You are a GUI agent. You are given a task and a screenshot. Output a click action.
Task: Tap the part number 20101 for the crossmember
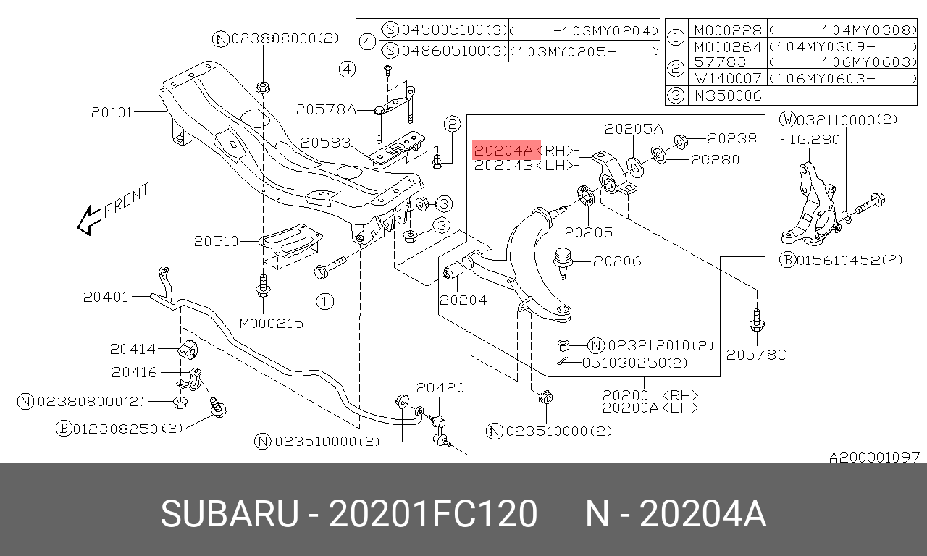click(x=112, y=112)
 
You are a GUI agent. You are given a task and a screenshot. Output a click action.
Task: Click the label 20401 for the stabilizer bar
click(x=106, y=297)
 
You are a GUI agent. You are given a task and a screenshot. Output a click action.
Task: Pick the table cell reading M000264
click(x=728, y=46)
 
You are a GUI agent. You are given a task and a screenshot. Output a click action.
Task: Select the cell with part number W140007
click(x=728, y=78)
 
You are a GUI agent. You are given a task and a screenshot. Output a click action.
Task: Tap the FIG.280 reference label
click(x=810, y=140)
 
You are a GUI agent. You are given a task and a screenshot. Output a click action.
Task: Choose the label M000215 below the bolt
click(x=272, y=323)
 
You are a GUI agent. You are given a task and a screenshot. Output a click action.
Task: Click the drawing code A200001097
click(x=874, y=457)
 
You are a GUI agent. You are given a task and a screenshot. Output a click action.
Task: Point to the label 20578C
click(x=756, y=355)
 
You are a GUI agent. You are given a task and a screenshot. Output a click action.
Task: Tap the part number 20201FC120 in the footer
click(x=433, y=514)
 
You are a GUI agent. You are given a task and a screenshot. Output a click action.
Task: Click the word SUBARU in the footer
click(x=230, y=514)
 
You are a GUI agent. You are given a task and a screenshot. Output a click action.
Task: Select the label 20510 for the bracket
click(x=216, y=241)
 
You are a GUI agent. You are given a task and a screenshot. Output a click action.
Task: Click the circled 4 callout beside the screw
click(x=347, y=69)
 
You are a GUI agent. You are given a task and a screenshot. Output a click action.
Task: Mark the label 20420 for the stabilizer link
click(x=440, y=387)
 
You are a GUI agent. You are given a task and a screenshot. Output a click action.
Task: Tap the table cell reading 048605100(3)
click(x=444, y=51)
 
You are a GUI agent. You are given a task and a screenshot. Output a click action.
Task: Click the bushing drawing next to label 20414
click(x=188, y=349)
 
